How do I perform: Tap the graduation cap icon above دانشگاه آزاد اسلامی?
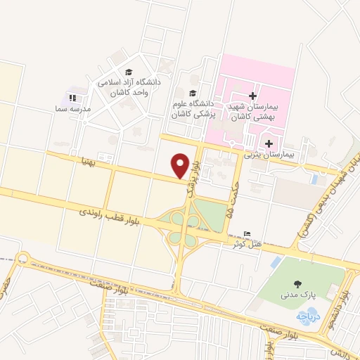coord(129,72)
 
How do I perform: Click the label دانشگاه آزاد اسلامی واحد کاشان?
coord(130,86)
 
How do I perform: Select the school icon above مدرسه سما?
coord(73,98)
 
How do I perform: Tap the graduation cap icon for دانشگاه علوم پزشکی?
coord(193,92)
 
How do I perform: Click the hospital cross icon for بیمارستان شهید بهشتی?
coord(253,96)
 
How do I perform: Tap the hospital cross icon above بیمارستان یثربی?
coord(269,143)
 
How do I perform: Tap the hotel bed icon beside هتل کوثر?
coord(245,234)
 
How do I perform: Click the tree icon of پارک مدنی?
coord(298,284)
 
